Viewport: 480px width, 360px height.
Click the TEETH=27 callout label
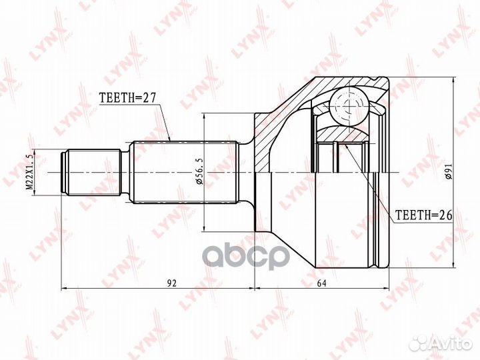128,97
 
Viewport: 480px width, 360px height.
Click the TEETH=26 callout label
424,215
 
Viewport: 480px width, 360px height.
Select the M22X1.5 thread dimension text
29,172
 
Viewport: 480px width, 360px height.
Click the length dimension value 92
172,283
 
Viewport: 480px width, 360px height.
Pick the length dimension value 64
321,283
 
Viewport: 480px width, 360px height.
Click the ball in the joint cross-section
348,107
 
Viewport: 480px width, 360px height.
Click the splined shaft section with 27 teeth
185,173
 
